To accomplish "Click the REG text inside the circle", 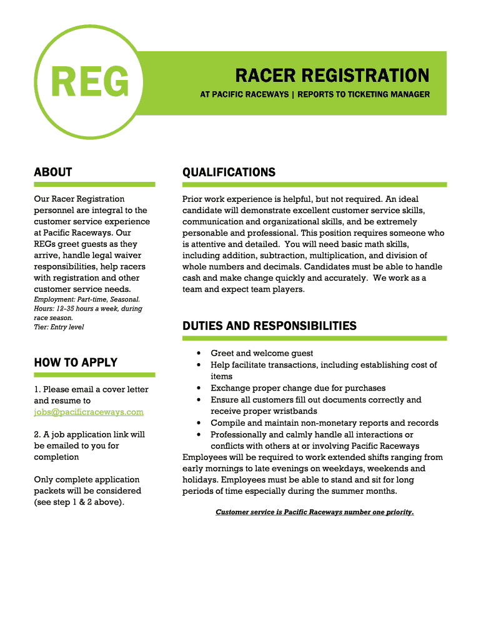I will [x=90, y=82].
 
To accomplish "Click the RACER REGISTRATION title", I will [x=332, y=76].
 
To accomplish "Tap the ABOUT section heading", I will [x=53, y=172].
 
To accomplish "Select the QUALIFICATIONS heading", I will [x=229, y=172].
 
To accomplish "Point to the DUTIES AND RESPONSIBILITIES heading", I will [x=269, y=326].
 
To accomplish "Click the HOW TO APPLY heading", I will [x=76, y=362].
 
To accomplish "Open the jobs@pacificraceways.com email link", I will [x=89, y=412].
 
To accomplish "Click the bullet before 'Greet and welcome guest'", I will [x=198, y=354].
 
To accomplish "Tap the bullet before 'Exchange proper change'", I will [x=198, y=388].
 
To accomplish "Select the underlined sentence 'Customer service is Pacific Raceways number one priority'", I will [x=314, y=512].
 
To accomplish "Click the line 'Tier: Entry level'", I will [x=59, y=327].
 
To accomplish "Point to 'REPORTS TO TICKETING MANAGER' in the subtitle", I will [x=364, y=94].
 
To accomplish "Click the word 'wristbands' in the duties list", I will [x=295, y=411].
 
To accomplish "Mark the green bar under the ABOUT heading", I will [x=94, y=184].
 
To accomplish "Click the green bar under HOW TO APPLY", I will [x=94, y=375].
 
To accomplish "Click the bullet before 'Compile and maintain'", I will [x=198, y=423].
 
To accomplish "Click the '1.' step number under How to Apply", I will [x=37, y=389].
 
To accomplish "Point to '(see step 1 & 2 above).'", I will [x=79, y=502].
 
